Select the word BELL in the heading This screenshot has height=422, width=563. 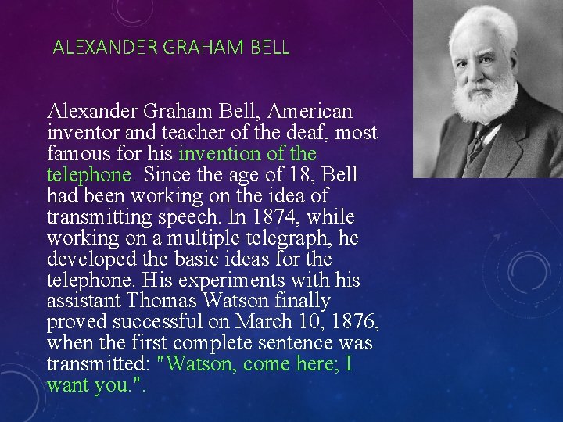(x=271, y=48)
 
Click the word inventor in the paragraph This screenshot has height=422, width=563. (x=77, y=132)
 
